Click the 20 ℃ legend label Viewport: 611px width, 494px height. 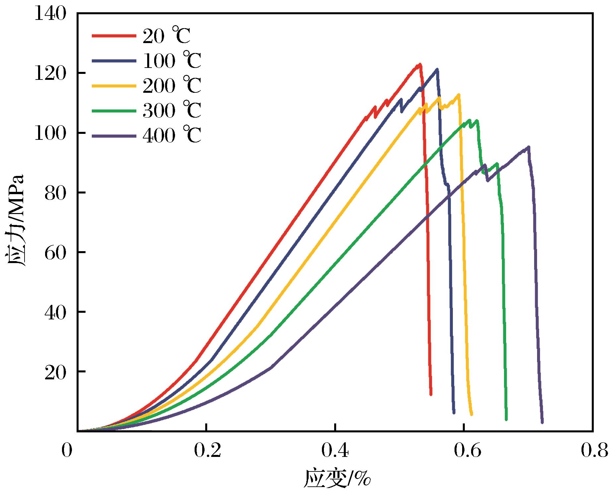pyautogui.click(x=166, y=35)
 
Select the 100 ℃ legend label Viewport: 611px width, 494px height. pyautogui.click(x=172, y=61)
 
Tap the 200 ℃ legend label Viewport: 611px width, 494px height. pyautogui.click(x=172, y=85)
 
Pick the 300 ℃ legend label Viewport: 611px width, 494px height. pyautogui.click(x=172, y=110)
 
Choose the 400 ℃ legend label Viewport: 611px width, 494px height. pyautogui.click(x=172, y=135)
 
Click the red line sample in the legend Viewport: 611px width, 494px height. pyautogui.click(x=114, y=35)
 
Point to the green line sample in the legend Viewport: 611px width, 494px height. pyautogui.click(x=114, y=110)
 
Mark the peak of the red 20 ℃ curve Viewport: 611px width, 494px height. pyautogui.click(x=420, y=64)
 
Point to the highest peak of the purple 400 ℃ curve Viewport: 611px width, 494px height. pyautogui.click(x=528, y=147)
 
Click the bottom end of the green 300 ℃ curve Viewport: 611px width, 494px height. pyautogui.click(x=506, y=419)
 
